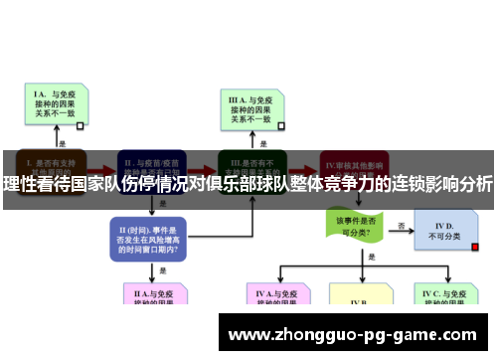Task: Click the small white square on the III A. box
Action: tap(282, 125)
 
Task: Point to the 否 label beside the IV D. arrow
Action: tap(401, 226)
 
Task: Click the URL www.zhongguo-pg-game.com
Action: tap(352, 335)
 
